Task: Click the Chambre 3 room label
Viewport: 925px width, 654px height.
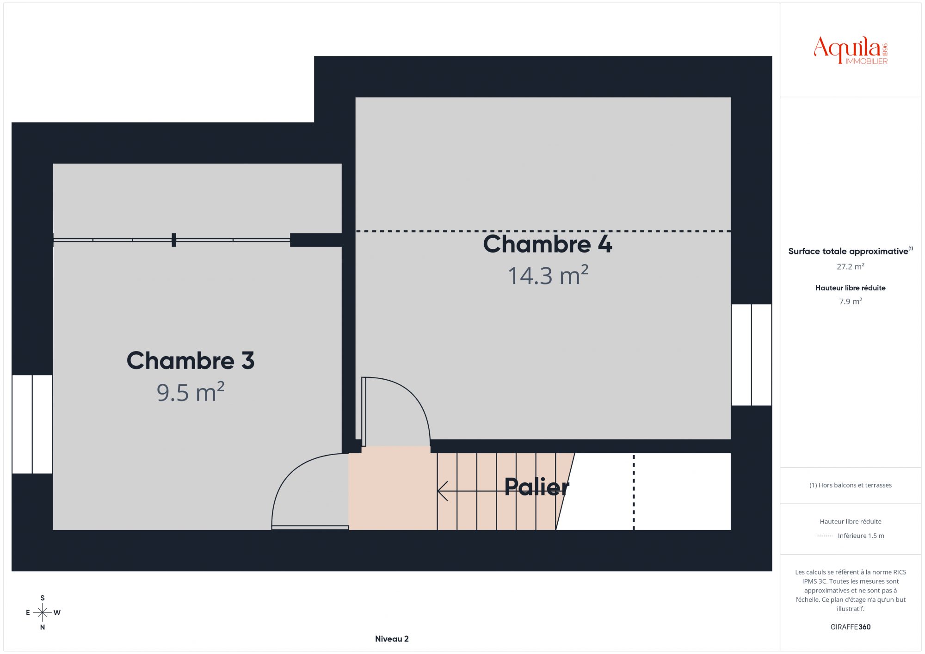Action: tap(191, 360)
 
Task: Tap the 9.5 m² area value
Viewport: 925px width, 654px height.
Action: tap(191, 392)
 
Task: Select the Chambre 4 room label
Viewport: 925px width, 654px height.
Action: tap(548, 244)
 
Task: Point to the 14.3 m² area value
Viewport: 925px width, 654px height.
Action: tap(548, 275)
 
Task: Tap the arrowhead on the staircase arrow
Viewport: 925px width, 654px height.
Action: tap(442, 491)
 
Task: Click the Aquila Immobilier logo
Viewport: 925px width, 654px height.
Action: tap(851, 50)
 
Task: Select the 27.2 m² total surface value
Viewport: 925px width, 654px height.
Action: tap(851, 266)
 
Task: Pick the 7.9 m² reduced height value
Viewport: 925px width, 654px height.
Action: tap(851, 301)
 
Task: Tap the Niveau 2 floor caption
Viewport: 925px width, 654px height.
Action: tap(392, 639)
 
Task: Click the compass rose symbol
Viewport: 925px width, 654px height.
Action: tap(43, 613)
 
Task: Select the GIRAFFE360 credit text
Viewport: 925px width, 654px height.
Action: tap(851, 627)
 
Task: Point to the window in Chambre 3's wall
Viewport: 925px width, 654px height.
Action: tap(32, 424)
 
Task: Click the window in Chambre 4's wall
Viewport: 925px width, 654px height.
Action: tap(752, 355)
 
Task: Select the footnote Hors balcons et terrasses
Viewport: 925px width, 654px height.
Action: tap(851, 485)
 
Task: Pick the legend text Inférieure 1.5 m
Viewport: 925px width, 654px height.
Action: tap(861, 536)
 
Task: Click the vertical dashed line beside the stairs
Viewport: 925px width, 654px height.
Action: tap(634, 492)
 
